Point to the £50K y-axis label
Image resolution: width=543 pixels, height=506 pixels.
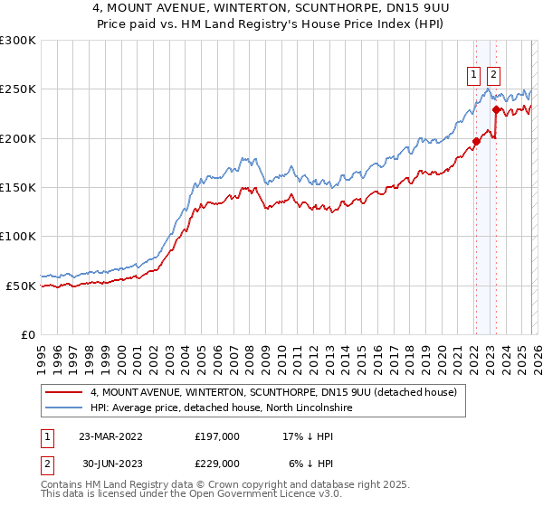pos(21,286)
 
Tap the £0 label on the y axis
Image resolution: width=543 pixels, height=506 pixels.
pos(27,334)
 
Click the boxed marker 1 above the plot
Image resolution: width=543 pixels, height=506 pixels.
pos(474,75)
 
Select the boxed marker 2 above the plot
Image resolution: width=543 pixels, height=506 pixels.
pos(494,75)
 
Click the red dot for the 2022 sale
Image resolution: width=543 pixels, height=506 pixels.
pos(475,141)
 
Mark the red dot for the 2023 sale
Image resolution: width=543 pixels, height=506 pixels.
pos(496,110)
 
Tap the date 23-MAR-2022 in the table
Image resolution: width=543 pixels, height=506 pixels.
pos(110,436)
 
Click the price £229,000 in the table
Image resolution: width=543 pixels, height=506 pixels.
pos(217,462)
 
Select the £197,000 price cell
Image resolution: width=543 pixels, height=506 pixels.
pos(217,436)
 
